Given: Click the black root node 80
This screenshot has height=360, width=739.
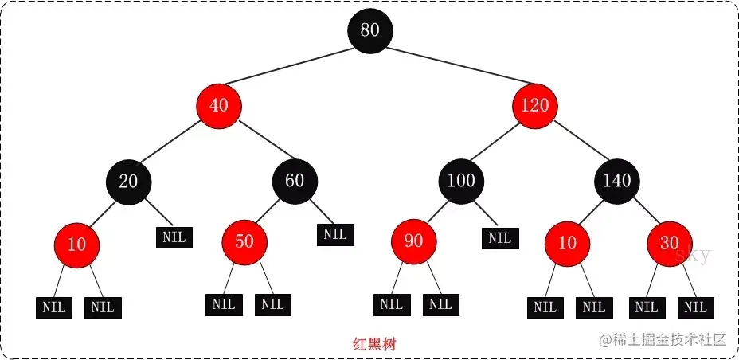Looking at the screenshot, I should (369, 30).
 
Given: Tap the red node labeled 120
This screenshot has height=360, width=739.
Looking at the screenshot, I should (535, 105).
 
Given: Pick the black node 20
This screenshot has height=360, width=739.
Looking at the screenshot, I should (128, 181).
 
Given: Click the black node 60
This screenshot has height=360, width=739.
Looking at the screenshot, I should (294, 181).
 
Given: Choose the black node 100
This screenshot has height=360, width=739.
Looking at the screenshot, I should (460, 181).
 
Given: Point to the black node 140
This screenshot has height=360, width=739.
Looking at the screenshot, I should (617, 181).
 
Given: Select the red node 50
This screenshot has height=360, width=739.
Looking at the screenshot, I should (244, 241).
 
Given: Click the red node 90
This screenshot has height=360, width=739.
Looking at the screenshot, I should (413, 241).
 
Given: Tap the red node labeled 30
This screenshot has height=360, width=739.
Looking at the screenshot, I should (669, 242).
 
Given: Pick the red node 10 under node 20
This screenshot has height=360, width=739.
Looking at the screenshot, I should (76, 244).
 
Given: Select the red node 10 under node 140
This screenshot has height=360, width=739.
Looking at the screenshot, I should (566, 242).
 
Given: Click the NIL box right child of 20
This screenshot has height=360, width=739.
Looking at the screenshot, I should (174, 237).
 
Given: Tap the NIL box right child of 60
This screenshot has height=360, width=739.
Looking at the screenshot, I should (335, 234).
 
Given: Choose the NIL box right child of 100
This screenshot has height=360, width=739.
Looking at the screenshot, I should (499, 237).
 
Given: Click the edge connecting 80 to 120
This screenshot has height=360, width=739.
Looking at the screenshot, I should (454, 68).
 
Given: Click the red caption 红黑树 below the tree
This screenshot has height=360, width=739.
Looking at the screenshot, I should (375, 345).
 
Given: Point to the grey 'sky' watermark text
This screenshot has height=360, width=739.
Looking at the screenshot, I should (692, 256).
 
